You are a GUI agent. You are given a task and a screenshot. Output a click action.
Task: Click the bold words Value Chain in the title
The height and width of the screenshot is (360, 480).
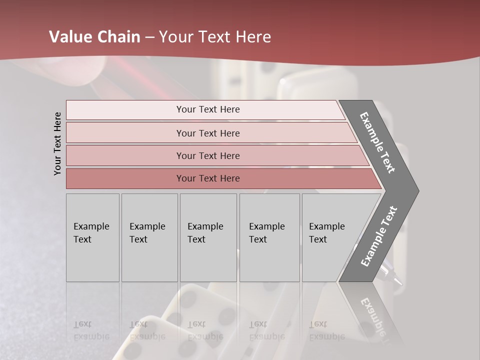pos(94,37)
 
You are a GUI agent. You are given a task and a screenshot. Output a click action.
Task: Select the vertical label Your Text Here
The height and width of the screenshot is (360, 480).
pos(57,143)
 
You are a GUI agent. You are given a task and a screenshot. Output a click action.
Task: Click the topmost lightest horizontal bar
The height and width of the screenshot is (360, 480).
pos(207,109)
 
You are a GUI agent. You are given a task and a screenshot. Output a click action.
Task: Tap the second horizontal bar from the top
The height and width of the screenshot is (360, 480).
pos(207,133)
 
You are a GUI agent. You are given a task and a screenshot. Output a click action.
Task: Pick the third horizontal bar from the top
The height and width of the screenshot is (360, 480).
pos(207,155)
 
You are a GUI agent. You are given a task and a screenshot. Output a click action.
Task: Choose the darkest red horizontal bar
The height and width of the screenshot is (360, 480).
pos(207,178)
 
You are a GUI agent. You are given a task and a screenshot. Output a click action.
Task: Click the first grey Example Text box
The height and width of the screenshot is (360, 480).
pos(92,237)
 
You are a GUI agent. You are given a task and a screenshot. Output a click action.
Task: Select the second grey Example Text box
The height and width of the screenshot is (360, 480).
pos(149,237)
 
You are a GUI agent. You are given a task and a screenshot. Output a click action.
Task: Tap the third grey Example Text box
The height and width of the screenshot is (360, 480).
pos(208,237)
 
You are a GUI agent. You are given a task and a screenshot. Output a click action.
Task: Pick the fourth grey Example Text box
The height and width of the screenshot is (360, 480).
pos(269,237)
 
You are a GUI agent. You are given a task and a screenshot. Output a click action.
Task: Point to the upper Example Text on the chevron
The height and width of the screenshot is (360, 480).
pos(378,142)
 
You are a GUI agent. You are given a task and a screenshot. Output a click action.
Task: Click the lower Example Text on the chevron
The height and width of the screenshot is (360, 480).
pos(378,236)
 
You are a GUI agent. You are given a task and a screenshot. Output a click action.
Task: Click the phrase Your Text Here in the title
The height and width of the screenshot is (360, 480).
pos(215,37)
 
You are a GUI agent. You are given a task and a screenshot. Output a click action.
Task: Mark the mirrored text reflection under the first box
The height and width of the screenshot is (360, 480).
pos(91,330)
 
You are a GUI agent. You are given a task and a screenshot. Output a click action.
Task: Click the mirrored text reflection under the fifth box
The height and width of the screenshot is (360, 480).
pos(326,330)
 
